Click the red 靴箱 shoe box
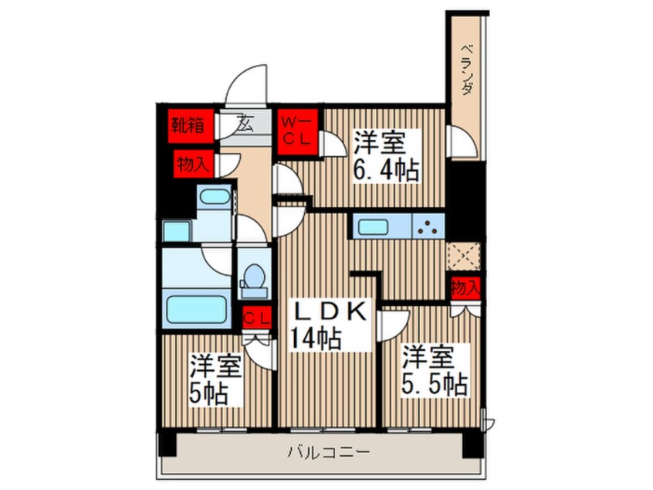(x=188, y=124)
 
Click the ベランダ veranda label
(x=467, y=70)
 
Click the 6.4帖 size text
(x=387, y=169)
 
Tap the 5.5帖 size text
(x=434, y=383)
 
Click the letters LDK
(x=332, y=311)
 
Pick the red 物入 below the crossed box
(x=465, y=288)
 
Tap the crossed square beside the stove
(x=465, y=254)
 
